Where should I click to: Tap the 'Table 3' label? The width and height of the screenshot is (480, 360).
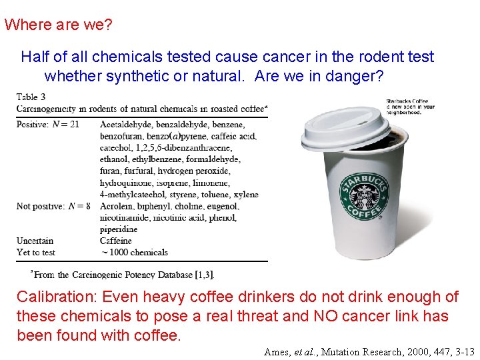(31, 97)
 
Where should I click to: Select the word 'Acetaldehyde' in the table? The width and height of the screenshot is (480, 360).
(127, 124)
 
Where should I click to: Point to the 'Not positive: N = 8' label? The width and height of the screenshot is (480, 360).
(53, 206)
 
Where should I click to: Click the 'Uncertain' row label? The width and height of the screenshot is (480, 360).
(35, 241)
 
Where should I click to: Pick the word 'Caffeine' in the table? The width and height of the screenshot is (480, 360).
(116, 241)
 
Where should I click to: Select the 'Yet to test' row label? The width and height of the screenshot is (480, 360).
(36, 252)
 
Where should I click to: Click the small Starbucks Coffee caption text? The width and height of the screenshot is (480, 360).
(409, 107)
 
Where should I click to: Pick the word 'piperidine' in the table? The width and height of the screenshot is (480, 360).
(119, 229)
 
